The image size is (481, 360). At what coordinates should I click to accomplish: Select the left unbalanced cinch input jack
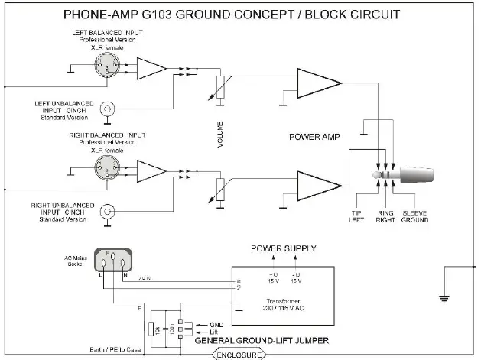[x=109, y=109]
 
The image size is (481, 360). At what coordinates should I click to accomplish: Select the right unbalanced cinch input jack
[x=109, y=211]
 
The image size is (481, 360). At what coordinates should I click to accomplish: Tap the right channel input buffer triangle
[x=152, y=170]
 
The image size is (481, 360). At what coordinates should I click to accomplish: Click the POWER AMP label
[x=313, y=138]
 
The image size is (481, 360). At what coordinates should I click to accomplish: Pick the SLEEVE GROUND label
[x=414, y=217]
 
